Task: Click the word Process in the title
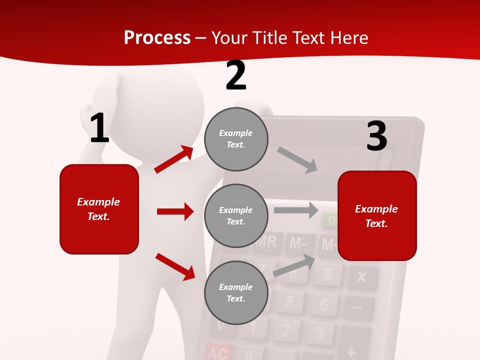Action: coord(157,38)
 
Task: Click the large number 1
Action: coord(99,128)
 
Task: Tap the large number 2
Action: coord(235,75)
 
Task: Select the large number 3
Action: coord(376,136)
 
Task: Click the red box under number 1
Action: coord(99,209)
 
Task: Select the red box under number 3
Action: coord(377,216)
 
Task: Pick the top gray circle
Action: coord(236,139)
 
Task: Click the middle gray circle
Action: coord(236,216)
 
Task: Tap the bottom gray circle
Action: coord(236,293)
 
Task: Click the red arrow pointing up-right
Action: coord(174,159)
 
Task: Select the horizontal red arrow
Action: coord(175,211)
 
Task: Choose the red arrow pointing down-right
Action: coord(175,266)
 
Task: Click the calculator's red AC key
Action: coord(217,352)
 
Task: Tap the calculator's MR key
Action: coord(266,242)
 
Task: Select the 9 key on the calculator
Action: coord(327,274)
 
